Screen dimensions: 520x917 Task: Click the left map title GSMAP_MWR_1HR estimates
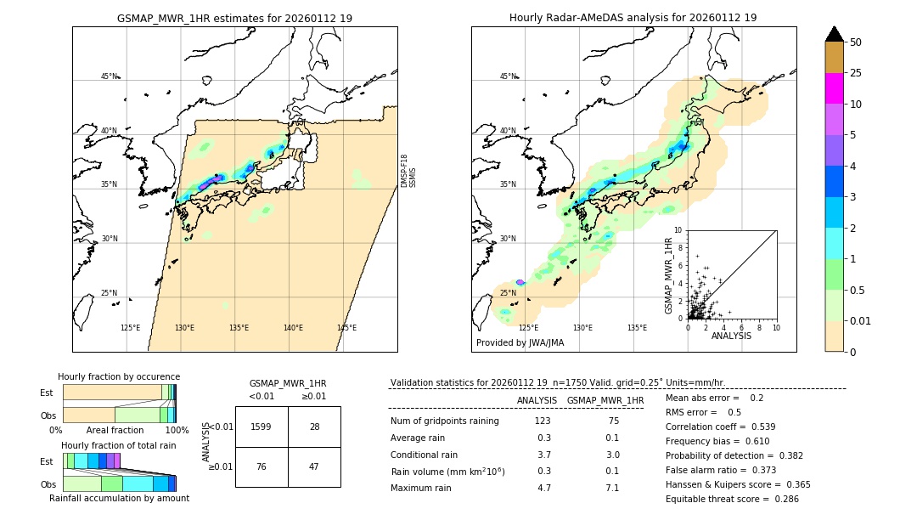pyautogui.click(x=234, y=18)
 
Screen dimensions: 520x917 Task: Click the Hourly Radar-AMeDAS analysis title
pyautogui.click(x=633, y=18)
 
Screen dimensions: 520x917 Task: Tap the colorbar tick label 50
pyautogui.click(x=856, y=42)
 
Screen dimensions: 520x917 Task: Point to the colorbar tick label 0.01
pyautogui.click(x=861, y=320)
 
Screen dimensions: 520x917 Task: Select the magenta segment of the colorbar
pyautogui.click(x=834, y=88)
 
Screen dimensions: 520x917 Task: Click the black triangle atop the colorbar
pyautogui.click(x=834, y=34)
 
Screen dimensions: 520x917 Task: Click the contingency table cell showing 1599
pyautogui.click(x=262, y=427)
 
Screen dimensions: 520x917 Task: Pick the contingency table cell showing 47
pyautogui.click(x=314, y=466)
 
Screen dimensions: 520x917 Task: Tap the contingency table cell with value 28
pyautogui.click(x=314, y=427)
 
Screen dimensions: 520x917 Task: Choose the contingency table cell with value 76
pyautogui.click(x=262, y=466)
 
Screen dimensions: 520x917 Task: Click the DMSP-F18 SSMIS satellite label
pyautogui.click(x=408, y=171)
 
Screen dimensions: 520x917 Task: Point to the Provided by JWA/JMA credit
pyautogui.click(x=520, y=343)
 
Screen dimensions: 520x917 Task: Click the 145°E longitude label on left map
pyautogui.click(x=346, y=328)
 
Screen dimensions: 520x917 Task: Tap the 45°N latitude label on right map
pyautogui.click(x=508, y=76)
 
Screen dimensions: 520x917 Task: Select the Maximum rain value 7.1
pyautogui.click(x=611, y=488)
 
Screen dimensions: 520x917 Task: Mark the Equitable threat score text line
pyautogui.click(x=732, y=499)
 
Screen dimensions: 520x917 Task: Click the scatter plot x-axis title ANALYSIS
pyautogui.click(x=730, y=336)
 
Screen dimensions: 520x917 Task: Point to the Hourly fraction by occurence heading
pyautogui.click(x=119, y=376)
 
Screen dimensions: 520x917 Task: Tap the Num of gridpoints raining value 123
pyautogui.click(x=543, y=421)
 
